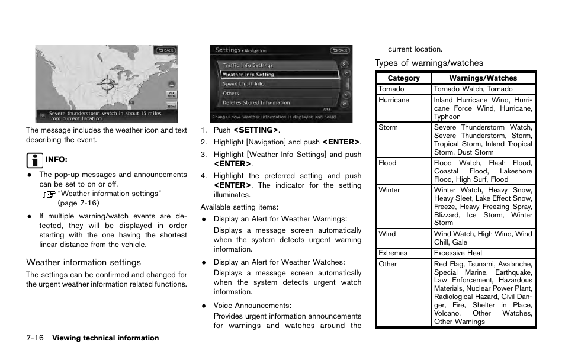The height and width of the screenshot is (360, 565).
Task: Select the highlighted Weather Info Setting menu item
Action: [x=248, y=75]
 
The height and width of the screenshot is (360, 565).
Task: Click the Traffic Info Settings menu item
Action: [x=248, y=65]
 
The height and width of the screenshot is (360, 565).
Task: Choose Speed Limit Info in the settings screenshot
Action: [x=243, y=84]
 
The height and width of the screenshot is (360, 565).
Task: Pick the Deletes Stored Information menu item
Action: [x=256, y=102]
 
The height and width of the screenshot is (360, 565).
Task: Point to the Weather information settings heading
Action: [x=84, y=262]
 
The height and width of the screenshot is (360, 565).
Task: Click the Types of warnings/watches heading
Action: [x=429, y=63]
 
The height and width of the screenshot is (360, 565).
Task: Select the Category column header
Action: [x=403, y=78]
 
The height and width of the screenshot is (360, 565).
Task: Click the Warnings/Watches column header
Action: [x=483, y=78]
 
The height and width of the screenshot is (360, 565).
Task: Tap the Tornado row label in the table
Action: [x=391, y=89]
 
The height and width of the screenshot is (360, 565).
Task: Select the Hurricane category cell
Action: [x=394, y=100]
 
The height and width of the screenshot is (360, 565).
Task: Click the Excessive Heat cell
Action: [x=458, y=253]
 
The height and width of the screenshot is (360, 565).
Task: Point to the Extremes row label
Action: [x=393, y=253]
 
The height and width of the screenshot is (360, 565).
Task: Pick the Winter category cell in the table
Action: [x=389, y=190]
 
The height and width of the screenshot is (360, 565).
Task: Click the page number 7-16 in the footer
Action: [x=35, y=338]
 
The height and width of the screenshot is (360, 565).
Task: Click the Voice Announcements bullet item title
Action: [x=252, y=306]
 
